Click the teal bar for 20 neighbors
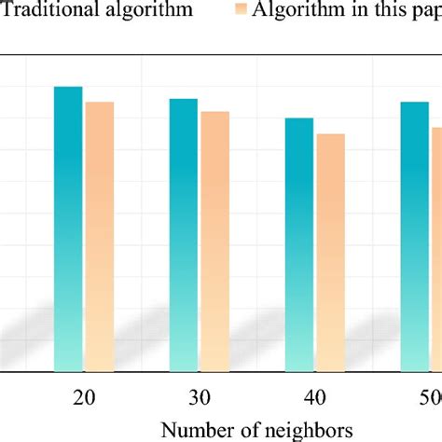tap(68, 228)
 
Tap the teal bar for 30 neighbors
tap(184, 235)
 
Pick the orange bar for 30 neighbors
tap(214, 242)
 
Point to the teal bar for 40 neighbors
tap(299, 244)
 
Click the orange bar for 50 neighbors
tap(436, 249)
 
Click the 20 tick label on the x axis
tap(84, 396)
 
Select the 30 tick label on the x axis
tap(200, 396)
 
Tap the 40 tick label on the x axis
tap(315, 396)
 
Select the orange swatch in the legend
tap(241, 11)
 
